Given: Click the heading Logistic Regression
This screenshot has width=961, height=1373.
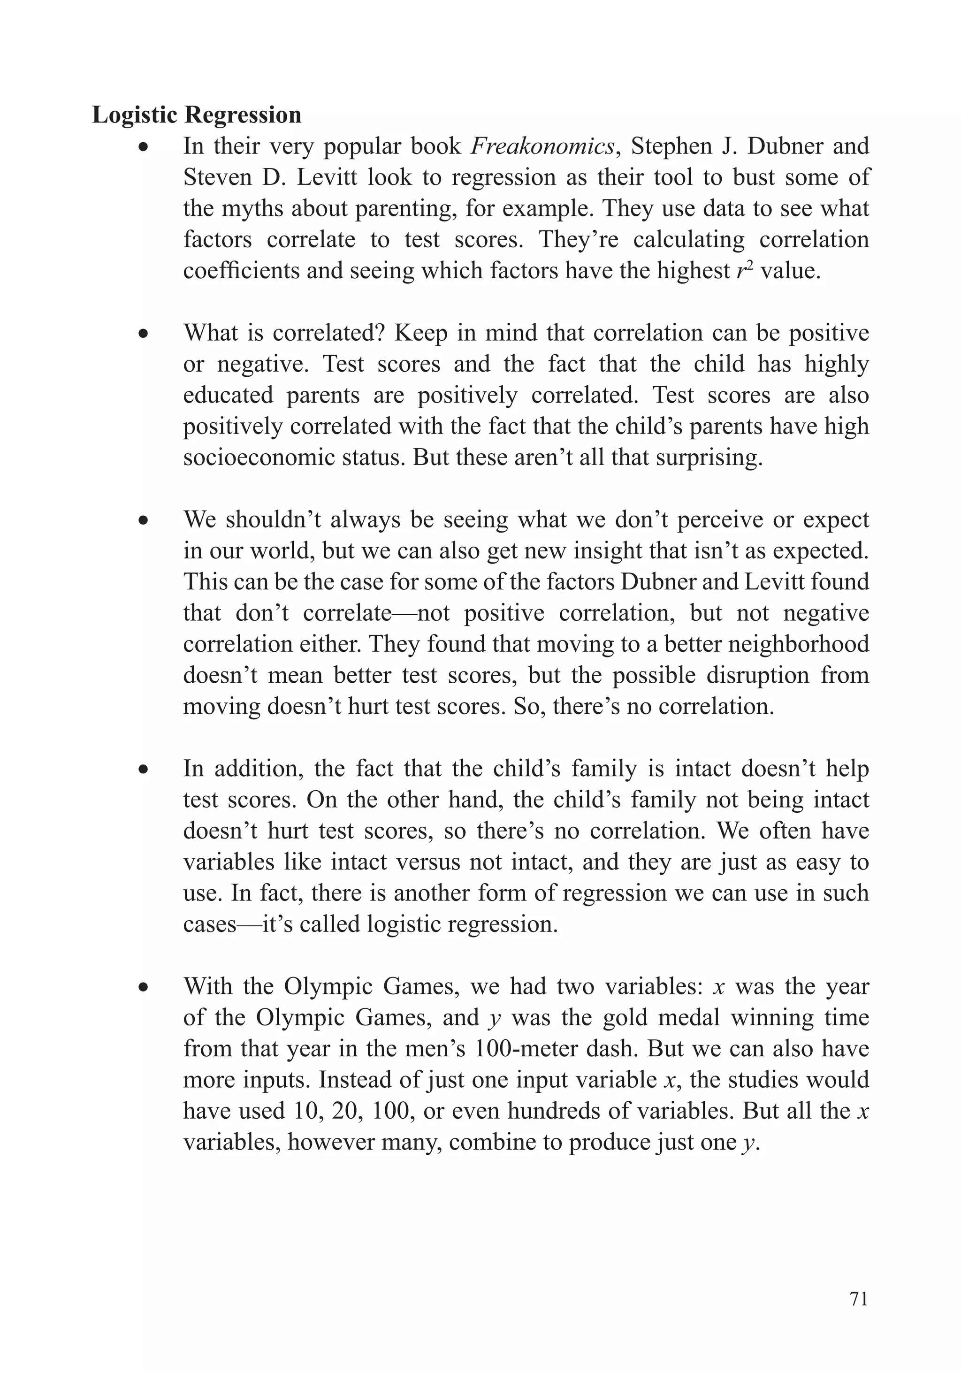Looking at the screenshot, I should pos(196,115).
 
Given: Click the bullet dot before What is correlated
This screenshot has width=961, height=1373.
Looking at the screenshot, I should pos(143,334).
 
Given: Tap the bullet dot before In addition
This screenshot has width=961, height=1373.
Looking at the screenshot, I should pos(143,769).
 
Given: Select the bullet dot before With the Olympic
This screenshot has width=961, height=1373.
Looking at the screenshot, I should pos(143,987).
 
